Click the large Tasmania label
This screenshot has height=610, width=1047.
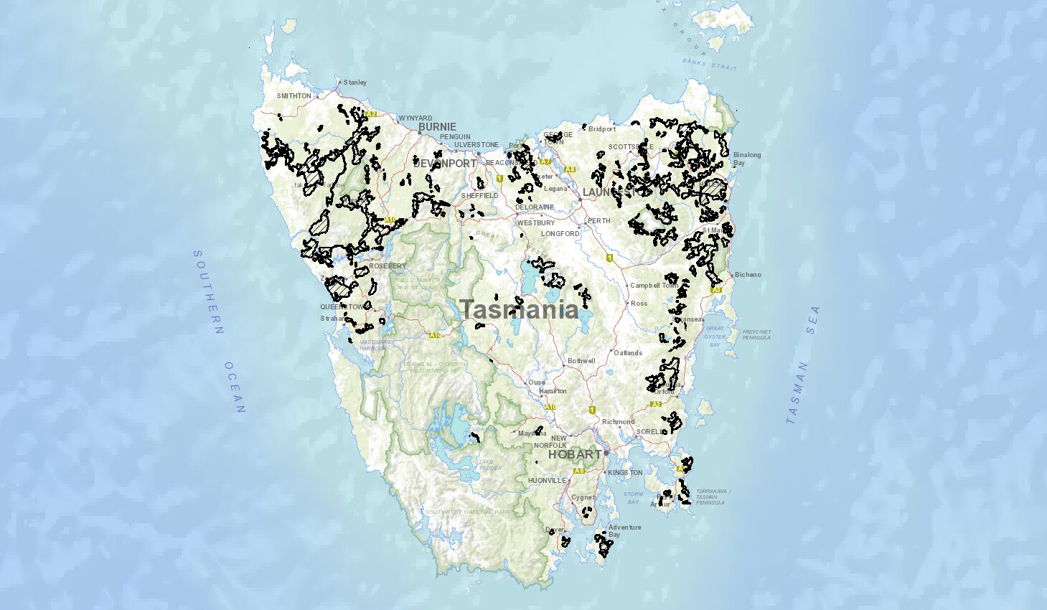point(519,309)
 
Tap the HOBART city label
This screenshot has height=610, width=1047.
point(575,454)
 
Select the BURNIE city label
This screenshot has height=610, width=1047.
point(437,127)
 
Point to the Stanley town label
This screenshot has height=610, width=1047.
point(355,83)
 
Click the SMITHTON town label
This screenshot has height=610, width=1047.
point(294,96)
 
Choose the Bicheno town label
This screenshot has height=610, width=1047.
point(748,275)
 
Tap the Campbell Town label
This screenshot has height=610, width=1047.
point(654,286)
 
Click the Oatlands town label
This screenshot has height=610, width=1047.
point(628,353)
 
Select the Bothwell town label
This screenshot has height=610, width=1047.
point(581,360)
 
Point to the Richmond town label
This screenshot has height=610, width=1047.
point(618,422)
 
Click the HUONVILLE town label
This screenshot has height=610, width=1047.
point(547,481)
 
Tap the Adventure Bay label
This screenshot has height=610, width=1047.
point(624,530)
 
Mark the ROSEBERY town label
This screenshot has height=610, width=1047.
point(388,266)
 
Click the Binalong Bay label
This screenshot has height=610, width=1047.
point(747,159)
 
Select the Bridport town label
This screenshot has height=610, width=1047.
point(602,129)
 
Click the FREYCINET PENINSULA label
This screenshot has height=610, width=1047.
point(756,334)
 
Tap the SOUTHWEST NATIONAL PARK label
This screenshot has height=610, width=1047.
point(467,512)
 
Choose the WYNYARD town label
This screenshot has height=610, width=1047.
point(415,118)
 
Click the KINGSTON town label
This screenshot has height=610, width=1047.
point(625,473)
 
